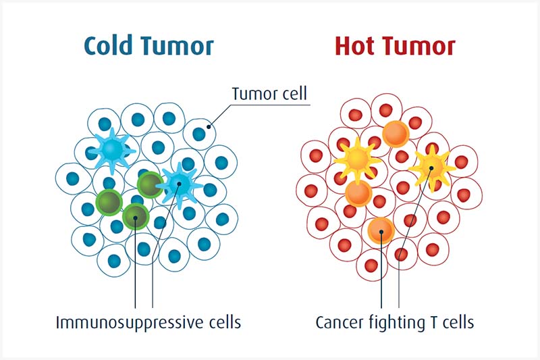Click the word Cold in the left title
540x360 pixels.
pyautogui.click(x=109, y=45)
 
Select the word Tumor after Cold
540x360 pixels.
pyautogui.click(x=177, y=46)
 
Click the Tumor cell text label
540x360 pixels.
pyautogui.click(x=269, y=93)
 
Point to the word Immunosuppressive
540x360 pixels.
pyautogui.click(x=130, y=323)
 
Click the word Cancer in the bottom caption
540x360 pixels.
pyautogui.click(x=340, y=323)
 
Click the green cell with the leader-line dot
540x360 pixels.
pyautogui.click(x=136, y=217)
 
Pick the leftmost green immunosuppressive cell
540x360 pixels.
pyautogui.click(x=109, y=202)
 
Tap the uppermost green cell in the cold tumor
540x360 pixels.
pyautogui.click(x=150, y=185)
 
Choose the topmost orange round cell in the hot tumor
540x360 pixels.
pyautogui.click(x=396, y=134)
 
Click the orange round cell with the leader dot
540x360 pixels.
pyautogui.click(x=381, y=231)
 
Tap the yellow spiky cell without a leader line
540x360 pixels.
pyautogui.click(x=358, y=160)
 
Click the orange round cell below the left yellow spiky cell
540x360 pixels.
pyautogui.click(x=358, y=193)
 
